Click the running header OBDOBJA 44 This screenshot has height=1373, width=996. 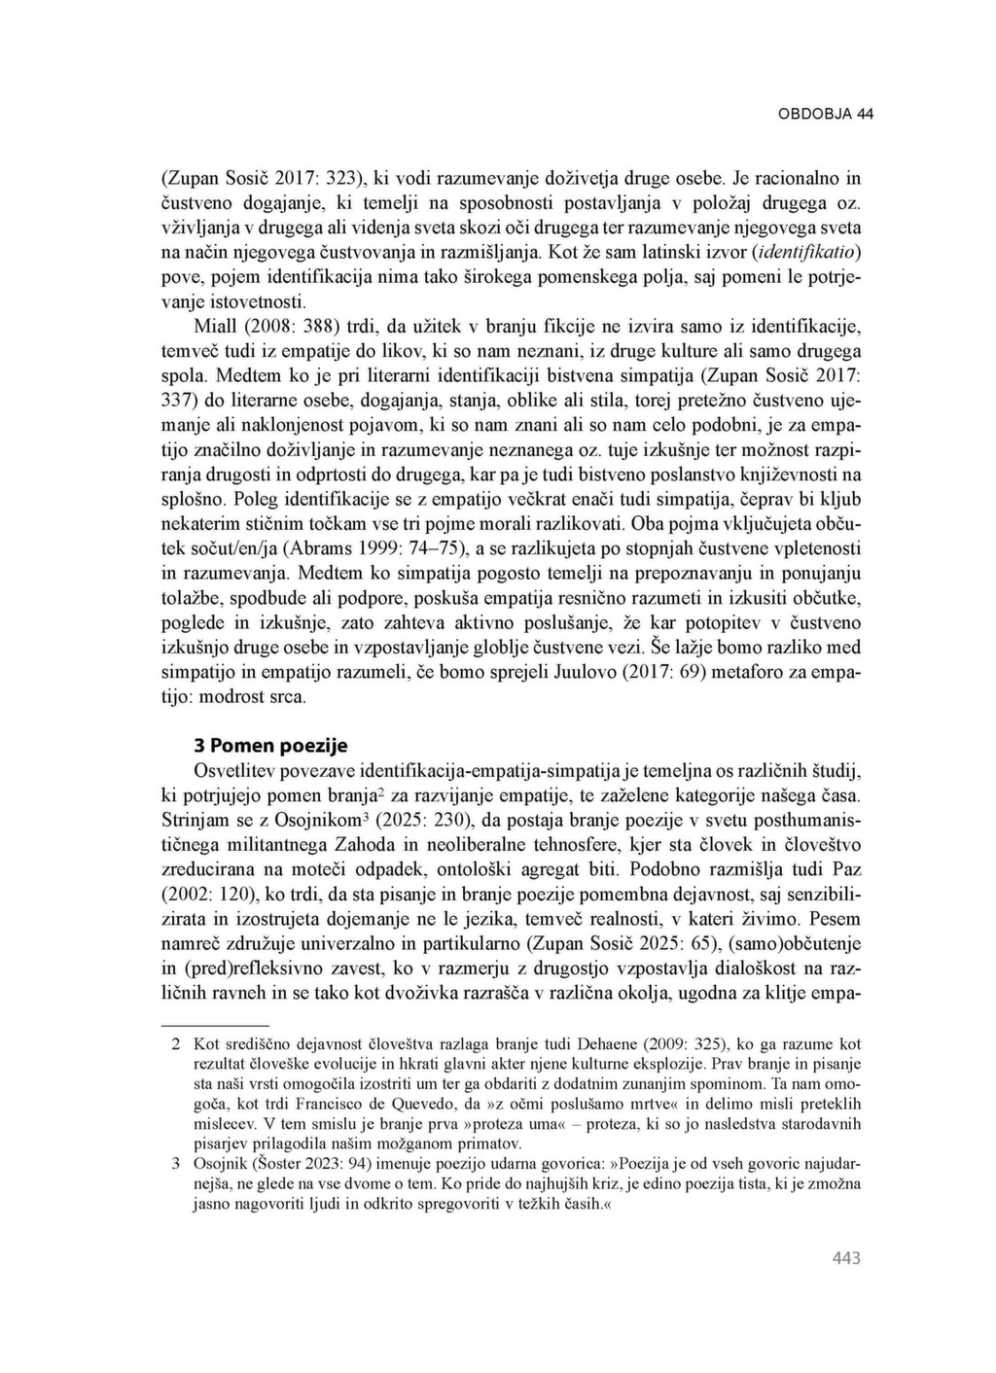pos(825,114)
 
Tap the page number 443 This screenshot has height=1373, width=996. pos(846,1258)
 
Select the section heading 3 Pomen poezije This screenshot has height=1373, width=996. pos(270,746)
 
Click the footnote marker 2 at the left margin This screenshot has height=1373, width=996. pos(176,1044)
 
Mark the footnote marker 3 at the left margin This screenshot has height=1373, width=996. pos(176,1164)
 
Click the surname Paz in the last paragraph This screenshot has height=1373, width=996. pos(844,868)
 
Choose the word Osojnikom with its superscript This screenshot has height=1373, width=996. pos(321,819)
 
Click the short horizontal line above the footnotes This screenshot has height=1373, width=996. pos(213,1024)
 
